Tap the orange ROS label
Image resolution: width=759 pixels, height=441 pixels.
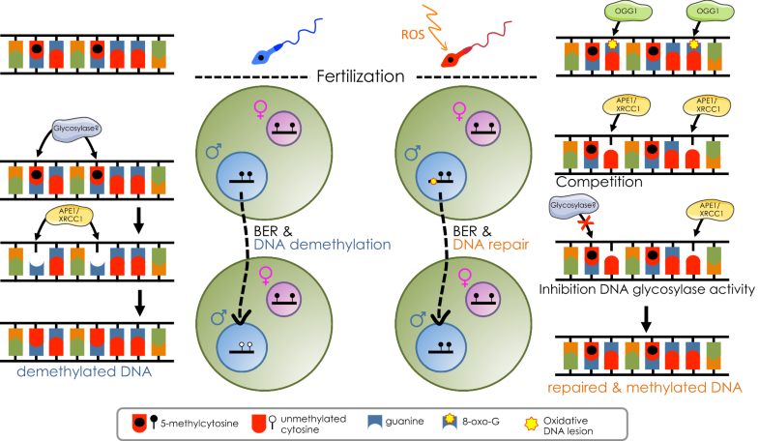[407, 37]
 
